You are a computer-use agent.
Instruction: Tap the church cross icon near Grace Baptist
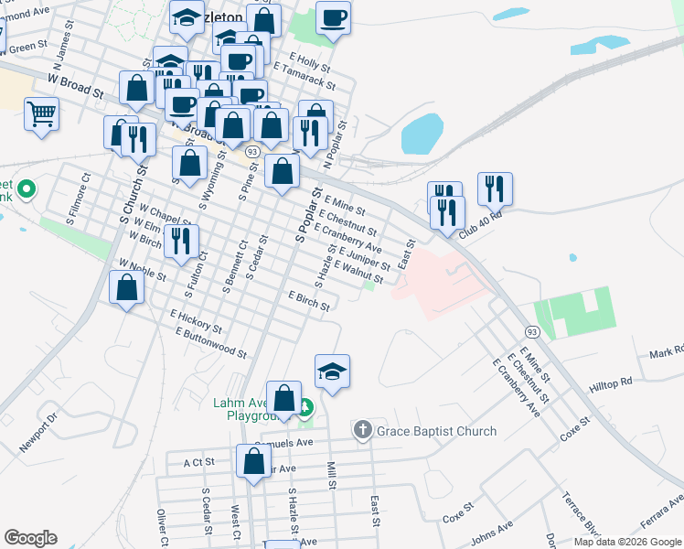362,430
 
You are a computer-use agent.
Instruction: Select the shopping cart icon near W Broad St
41,115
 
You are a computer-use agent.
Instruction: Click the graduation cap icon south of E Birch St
332,371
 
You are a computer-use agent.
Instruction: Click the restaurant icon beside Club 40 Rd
495,188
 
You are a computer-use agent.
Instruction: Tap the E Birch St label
308,301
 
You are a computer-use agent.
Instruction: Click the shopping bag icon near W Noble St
126,288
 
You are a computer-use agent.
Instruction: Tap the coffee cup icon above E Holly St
333,16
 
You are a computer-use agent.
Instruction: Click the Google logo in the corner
30,538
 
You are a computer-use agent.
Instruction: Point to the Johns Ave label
492,532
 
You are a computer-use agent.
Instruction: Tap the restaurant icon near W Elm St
180,241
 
